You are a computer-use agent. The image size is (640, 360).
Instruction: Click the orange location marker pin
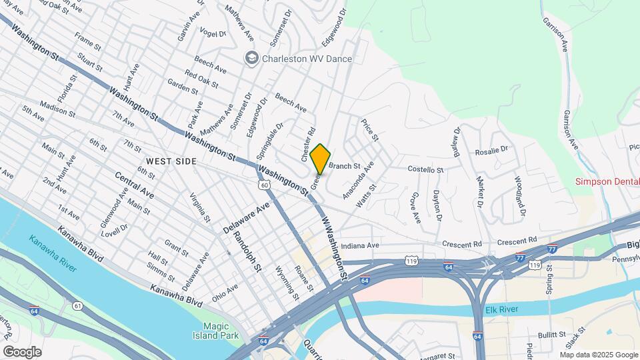(x=320, y=158)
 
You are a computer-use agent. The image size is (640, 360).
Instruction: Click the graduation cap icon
(x=251, y=59)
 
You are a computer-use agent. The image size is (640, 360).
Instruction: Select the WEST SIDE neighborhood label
(x=171, y=162)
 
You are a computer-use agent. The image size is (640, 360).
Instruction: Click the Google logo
(x=22, y=351)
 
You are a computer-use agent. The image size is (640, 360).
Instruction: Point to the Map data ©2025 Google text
(x=598, y=355)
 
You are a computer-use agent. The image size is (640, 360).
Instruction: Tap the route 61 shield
(x=78, y=306)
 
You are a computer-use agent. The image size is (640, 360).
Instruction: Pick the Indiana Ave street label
(x=359, y=246)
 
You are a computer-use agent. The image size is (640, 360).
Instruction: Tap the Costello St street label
(x=425, y=169)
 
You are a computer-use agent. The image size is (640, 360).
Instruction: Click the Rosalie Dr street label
(x=491, y=151)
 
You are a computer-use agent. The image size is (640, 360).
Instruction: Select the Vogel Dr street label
(x=213, y=33)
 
